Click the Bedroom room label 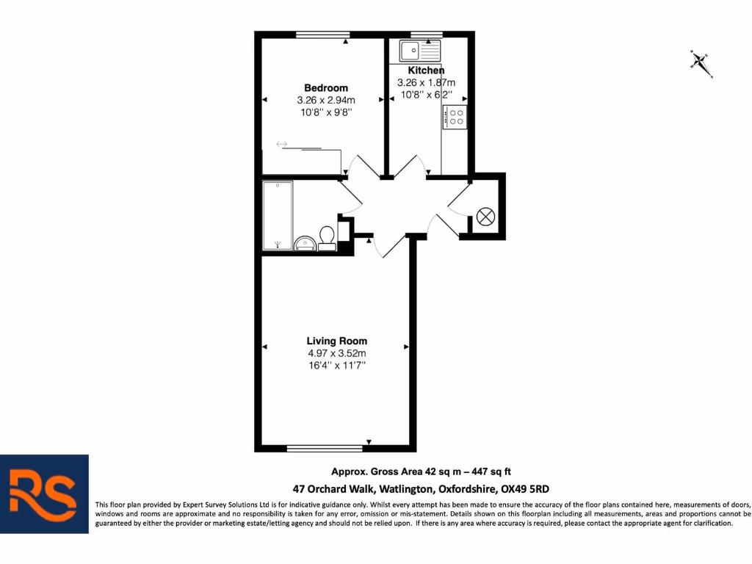(326, 88)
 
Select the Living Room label (337, 341)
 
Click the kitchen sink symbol (419, 51)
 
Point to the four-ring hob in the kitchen (455, 117)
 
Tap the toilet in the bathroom (327, 236)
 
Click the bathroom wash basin (305, 243)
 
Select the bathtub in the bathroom (278, 215)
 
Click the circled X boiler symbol (485, 217)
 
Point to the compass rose (701, 62)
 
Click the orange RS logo (44, 493)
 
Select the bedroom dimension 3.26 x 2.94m (326, 101)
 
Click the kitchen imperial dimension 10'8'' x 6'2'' (426, 95)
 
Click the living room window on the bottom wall (325, 447)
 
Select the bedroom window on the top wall (322, 35)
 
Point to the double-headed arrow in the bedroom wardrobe (282, 144)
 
